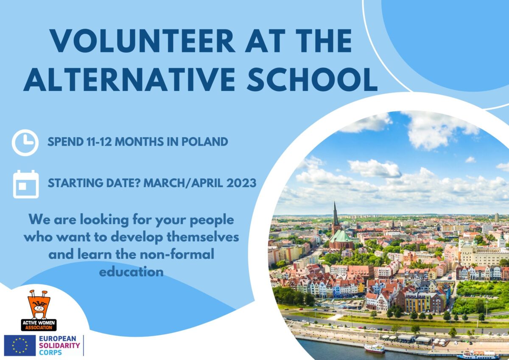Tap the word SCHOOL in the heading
(x=313, y=79)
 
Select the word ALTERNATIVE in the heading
(x=129, y=79)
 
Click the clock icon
(x=25, y=143)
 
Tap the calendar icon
(x=26, y=184)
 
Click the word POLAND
(x=204, y=142)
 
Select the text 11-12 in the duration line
(x=99, y=142)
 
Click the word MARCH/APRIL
(x=183, y=183)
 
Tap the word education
(x=131, y=272)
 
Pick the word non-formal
(x=177, y=254)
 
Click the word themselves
(x=203, y=237)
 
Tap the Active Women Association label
(x=39, y=325)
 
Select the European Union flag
(x=20, y=345)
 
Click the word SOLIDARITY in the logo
(x=59, y=346)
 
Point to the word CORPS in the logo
(x=50, y=352)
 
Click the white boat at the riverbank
(x=375, y=349)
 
